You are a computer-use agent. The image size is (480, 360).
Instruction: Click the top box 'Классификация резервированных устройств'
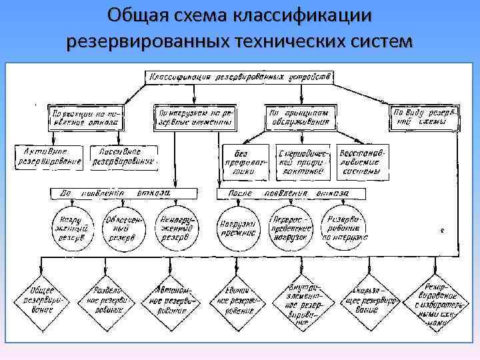click(240, 77)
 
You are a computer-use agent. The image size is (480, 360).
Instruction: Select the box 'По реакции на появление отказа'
click(84, 118)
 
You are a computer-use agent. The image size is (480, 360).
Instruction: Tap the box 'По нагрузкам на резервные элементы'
click(194, 118)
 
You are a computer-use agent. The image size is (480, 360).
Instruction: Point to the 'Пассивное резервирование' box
click(123, 156)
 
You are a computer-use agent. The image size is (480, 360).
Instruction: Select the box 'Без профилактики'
click(245, 161)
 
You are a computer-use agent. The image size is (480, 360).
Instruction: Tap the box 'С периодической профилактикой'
click(301, 161)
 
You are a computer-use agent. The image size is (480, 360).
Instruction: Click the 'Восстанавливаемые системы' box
click(361, 161)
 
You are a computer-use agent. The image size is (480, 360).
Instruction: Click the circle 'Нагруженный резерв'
click(73, 227)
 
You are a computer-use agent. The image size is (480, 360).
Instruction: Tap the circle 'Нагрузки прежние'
click(237, 227)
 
